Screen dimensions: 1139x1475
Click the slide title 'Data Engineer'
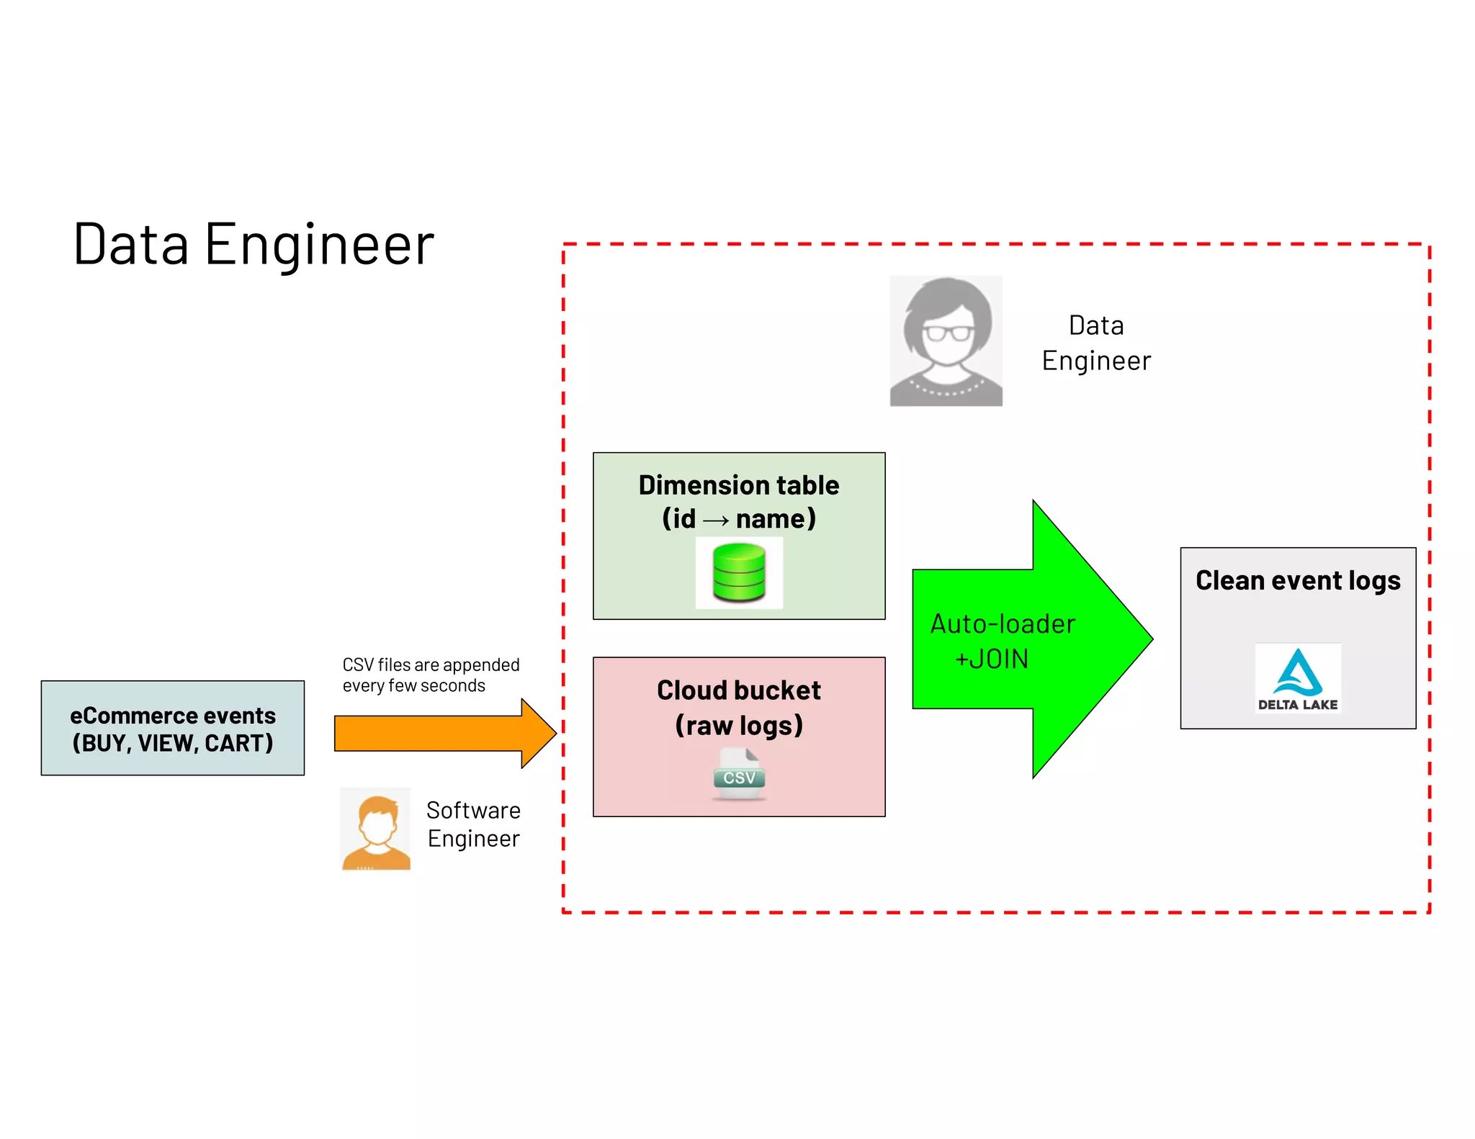[x=254, y=245]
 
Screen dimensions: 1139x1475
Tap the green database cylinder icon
[x=738, y=573]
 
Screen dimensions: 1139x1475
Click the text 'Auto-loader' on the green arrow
[x=1003, y=624]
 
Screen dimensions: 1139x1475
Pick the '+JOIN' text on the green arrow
[x=992, y=659]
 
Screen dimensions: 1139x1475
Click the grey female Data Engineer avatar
[x=946, y=341]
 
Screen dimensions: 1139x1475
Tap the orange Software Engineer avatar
[x=375, y=829]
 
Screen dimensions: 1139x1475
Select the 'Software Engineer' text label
[x=473, y=824]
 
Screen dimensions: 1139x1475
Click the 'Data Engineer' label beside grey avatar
[x=1095, y=343]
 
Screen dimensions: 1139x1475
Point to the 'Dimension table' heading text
[x=738, y=485]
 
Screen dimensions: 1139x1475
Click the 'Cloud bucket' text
[x=738, y=690]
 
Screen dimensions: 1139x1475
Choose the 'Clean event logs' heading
[x=1297, y=580]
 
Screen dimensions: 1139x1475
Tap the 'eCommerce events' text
[x=173, y=716]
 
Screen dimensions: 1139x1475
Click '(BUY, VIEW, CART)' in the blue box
[x=173, y=743]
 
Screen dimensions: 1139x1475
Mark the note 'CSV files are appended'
[x=431, y=665]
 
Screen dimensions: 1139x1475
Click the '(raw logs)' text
[x=738, y=725]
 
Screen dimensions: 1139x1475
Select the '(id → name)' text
[x=738, y=519]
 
